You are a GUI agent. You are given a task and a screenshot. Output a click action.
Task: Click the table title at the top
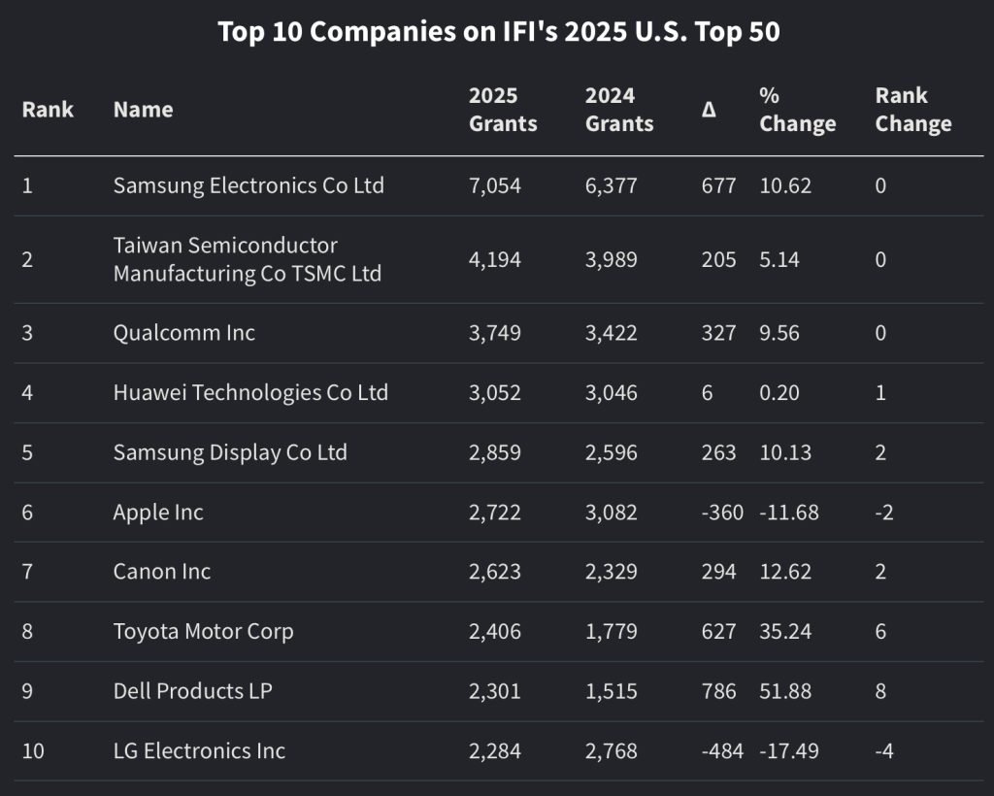coord(498,32)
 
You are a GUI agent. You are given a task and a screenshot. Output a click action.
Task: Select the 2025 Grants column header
coord(502,110)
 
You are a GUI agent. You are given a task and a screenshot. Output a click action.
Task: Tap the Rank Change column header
coord(912,110)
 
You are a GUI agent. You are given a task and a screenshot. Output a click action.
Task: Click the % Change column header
coord(797,110)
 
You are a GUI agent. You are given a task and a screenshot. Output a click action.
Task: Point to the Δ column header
coord(709,110)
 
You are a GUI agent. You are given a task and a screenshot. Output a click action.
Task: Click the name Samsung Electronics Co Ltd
coord(248,185)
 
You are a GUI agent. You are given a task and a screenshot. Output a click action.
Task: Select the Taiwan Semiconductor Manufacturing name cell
coord(247,259)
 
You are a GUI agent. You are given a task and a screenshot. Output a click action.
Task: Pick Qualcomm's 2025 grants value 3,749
coord(494,333)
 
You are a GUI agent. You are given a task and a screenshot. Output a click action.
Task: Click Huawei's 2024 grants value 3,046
coord(611,393)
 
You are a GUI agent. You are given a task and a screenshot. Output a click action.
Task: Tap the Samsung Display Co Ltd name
coord(230,453)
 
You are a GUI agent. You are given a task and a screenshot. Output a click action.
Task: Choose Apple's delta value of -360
coord(721,513)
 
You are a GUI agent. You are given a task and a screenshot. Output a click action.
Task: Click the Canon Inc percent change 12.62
coord(785,572)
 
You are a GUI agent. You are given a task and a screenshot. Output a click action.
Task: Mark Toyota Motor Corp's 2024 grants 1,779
coord(611,632)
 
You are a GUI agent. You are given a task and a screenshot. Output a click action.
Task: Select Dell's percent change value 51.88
coord(785,691)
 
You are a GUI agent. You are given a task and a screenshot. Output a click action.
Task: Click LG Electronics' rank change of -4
coord(883,751)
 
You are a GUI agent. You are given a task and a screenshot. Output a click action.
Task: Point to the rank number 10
coord(33,751)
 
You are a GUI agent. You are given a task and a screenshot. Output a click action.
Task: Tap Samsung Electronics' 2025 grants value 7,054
coord(494,185)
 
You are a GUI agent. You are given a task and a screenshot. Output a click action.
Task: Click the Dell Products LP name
coord(192,691)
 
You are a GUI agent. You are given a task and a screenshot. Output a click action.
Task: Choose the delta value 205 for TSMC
coord(718,259)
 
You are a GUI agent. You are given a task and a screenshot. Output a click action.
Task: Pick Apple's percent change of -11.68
coord(788,513)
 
